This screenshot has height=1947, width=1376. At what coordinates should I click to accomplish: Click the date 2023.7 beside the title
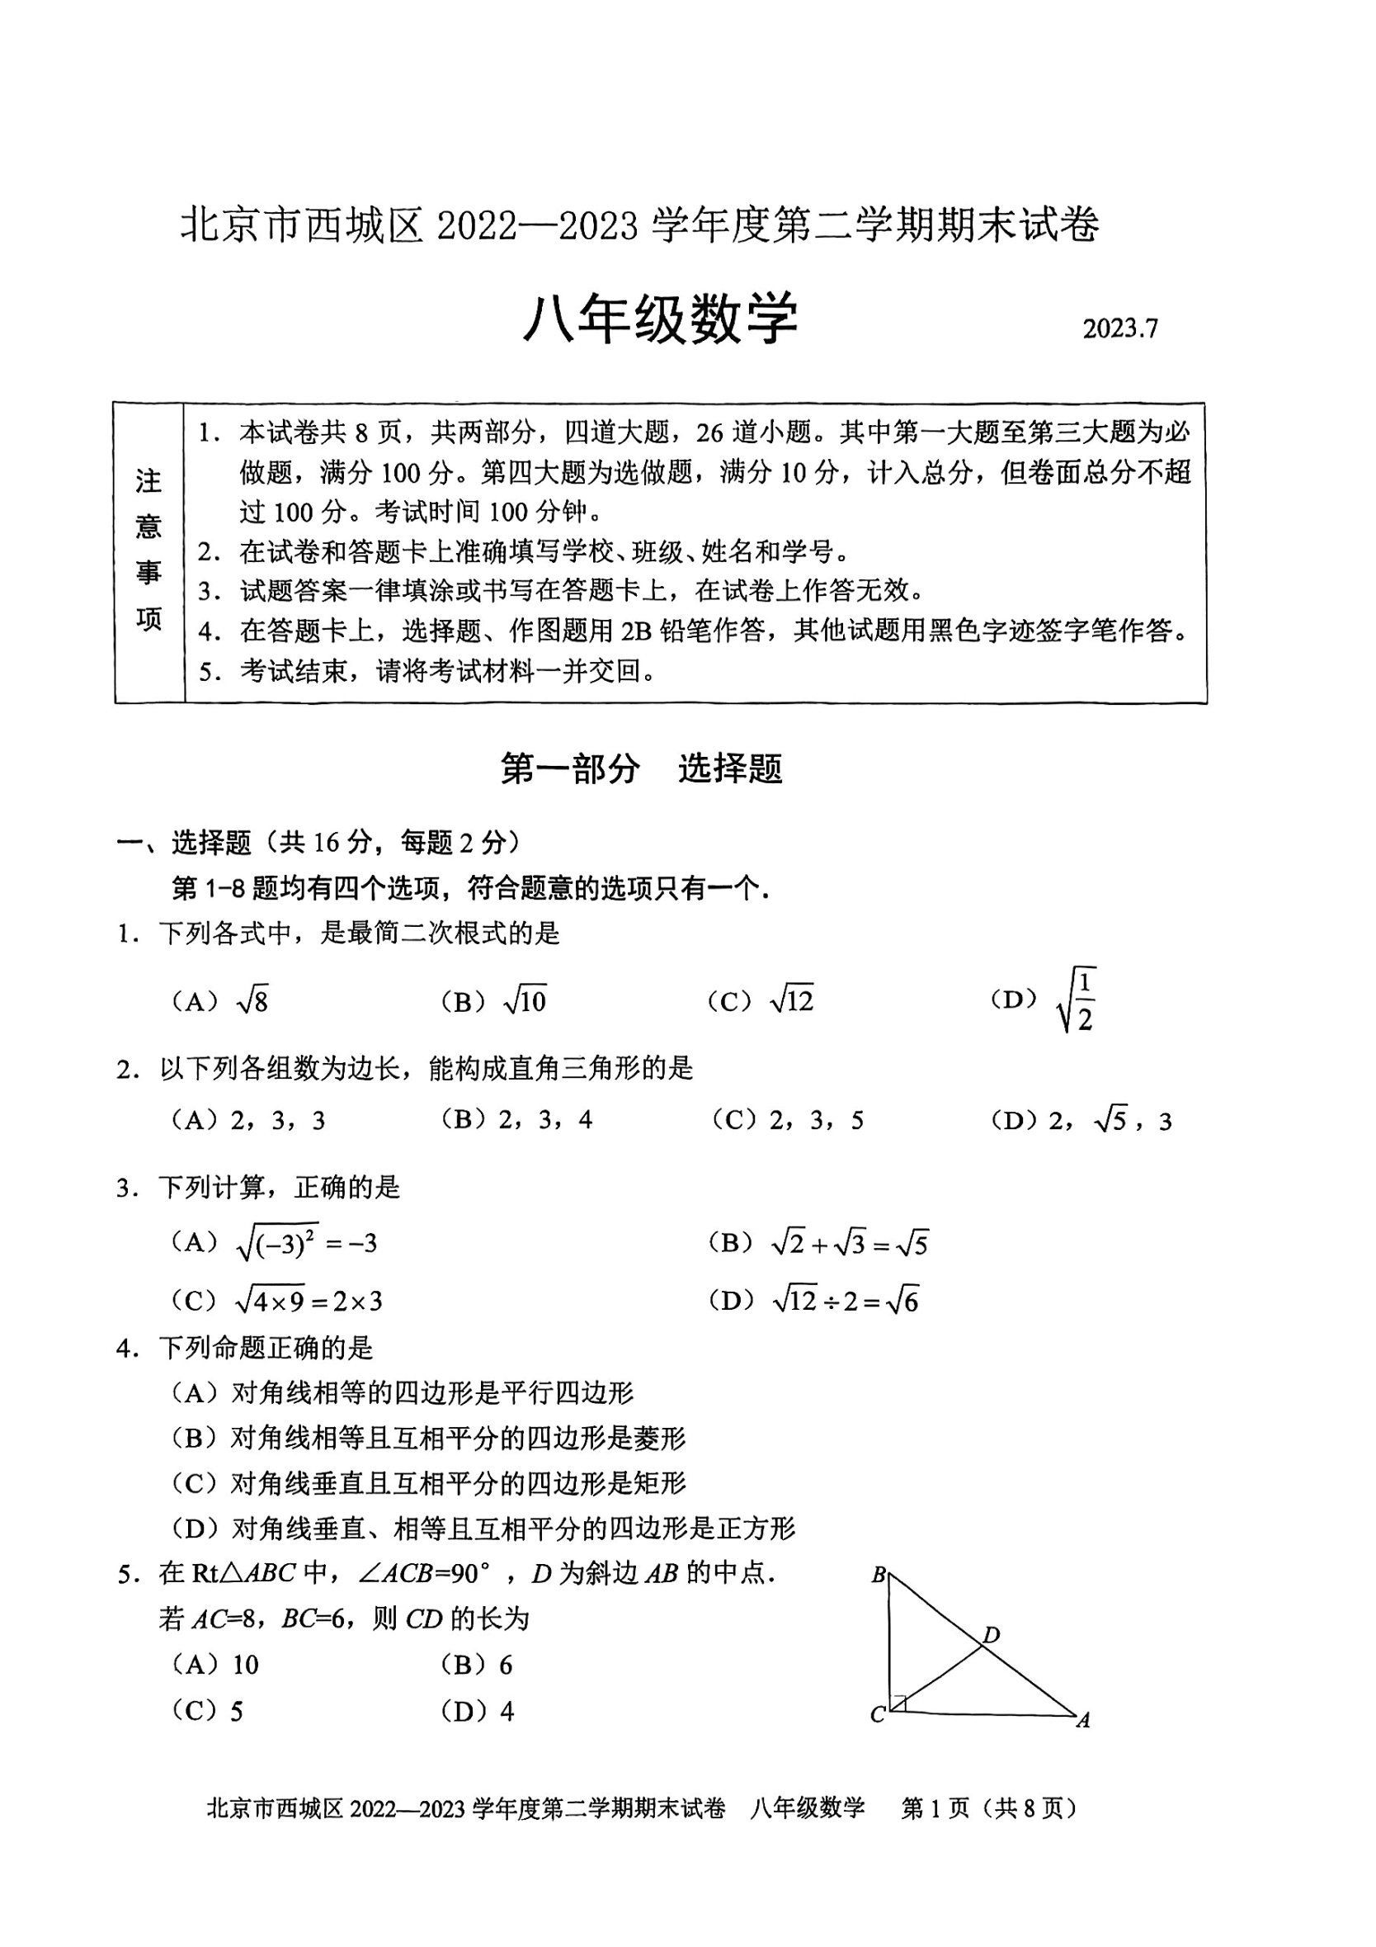(1119, 329)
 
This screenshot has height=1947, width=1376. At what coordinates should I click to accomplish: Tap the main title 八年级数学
(661, 319)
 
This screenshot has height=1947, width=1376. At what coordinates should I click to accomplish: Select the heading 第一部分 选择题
(641, 768)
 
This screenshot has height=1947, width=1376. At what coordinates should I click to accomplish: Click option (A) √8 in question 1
(219, 1001)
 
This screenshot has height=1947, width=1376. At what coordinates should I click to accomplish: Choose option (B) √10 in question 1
(493, 1001)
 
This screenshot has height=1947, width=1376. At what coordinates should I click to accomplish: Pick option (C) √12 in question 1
(761, 1001)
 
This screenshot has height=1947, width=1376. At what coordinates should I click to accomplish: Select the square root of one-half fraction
(1077, 1000)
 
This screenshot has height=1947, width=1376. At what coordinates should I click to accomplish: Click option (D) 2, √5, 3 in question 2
(1081, 1121)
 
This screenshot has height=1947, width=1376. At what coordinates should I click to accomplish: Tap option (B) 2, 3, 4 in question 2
(516, 1120)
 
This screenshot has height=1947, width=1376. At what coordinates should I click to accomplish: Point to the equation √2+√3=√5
(850, 1244)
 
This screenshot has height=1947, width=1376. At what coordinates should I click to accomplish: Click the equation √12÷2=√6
(846, 1301)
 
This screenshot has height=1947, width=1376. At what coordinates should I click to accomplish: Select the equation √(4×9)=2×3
(309, 1301)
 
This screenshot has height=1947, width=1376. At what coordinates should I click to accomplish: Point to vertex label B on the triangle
(879, 1575)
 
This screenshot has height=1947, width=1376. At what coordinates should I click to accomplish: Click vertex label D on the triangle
(992, 1633)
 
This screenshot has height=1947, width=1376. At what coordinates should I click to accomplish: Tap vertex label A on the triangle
(1082, 1721)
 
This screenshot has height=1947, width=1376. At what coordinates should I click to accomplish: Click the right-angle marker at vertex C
(898, 1702)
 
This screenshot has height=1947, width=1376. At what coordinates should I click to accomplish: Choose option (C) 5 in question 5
(208, 1711)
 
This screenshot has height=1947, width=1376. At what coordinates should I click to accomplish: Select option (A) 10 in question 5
(215, 1665)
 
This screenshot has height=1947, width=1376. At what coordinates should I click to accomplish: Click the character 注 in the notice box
(148, 482)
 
